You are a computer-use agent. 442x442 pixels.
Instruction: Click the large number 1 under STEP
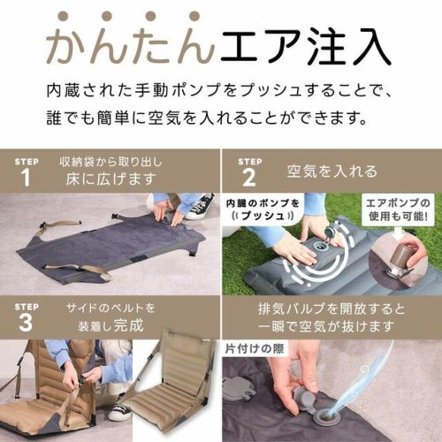pyautogui.click(x=26, y=178)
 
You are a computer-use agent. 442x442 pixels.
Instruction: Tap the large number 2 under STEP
pyautogui.click(x=249, y=178)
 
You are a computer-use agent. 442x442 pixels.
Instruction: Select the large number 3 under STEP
pyautogui.click(x=26, y=323)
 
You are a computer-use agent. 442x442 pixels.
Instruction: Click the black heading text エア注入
pyautogui.click(x=307, y=46)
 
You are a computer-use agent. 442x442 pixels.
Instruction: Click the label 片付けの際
pyautogui.click(x=255, y=349)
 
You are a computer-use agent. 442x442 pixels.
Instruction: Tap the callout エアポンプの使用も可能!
pyautogui.click(x=398, y=210)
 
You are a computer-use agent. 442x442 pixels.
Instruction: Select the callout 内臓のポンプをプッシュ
pyautogui.click(x=263, y=210)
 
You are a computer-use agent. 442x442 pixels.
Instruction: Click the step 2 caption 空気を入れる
pyautogui.click(x=331, y=171)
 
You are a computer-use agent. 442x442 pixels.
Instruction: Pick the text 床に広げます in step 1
pyautogui.click(x=110, y=179)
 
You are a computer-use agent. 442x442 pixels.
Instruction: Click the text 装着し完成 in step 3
pyautogui.click(x=110, y=325)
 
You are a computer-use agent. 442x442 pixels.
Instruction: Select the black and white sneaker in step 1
pyautogui.click(x=201, y=205)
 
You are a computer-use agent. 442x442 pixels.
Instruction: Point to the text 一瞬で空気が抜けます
pyautogui.click(x=326, y=327)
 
